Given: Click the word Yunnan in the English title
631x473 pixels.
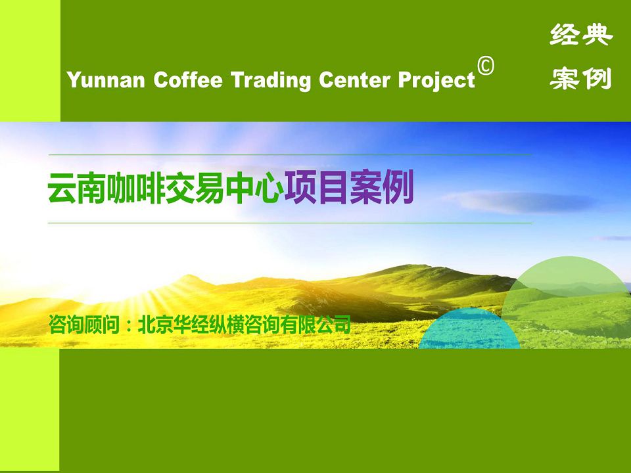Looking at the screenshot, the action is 106,79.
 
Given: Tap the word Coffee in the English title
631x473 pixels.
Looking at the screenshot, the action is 187,79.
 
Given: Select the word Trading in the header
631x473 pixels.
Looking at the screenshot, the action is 270,80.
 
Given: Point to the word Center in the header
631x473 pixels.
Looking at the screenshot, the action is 354,79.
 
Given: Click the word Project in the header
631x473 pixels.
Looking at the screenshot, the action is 436,80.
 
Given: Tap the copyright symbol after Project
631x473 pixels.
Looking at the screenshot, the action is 486,66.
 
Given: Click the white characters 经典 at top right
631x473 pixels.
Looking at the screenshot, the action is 581,35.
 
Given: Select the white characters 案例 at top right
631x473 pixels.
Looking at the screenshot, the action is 581,78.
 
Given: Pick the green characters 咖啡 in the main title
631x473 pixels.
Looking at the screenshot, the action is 135,189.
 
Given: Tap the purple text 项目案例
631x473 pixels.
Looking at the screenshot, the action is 349,187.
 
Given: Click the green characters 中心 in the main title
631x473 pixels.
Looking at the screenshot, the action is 254,189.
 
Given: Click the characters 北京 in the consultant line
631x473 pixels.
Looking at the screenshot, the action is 155,324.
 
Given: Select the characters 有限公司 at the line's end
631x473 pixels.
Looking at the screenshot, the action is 315,324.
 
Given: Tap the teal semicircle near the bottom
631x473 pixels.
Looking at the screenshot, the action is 469,330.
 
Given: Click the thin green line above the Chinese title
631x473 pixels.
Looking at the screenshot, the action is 290,154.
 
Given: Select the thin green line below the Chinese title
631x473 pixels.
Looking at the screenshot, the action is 290,223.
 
